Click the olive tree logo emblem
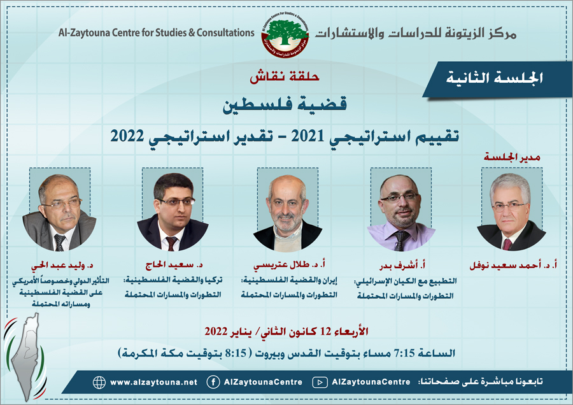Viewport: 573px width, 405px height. pos(285,36)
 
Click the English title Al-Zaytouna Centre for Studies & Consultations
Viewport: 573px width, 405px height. pos(157,33)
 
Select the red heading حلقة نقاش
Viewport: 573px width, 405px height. pos(285,76)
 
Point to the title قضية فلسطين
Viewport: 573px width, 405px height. pos(285,104)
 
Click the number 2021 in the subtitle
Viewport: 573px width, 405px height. pos(308,136)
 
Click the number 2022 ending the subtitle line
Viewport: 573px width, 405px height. pos(127,136)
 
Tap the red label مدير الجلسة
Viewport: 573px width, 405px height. pos(512,157)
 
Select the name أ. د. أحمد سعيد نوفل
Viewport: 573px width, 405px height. pos(513,265)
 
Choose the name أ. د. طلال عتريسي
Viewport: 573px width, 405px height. pos(289,265)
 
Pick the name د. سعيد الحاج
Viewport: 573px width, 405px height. pos(174,265)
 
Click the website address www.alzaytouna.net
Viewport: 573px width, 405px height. pos(153,382)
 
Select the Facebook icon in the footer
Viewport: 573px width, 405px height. pos(213,382)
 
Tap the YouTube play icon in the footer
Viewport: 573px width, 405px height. pos(320,382)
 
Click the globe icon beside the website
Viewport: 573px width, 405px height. pos(99,382)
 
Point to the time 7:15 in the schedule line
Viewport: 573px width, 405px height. pos(404,353)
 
